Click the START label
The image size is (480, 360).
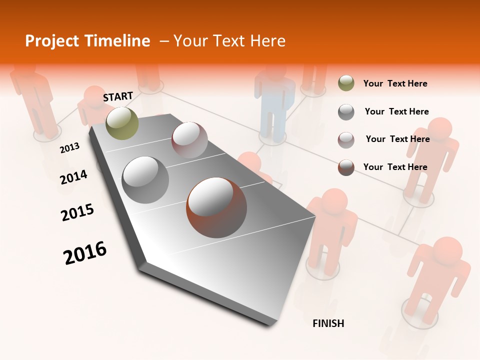(x=118, y=96)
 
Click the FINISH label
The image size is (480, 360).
(x=328, y=323)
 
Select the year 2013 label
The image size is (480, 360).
(x=69, y=147)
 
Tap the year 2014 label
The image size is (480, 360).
(x=73, y=177)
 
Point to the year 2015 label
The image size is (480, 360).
(x=77, y=212)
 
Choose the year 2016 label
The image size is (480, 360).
(x=85, y=253)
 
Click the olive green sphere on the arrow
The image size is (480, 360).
(x=122, y=123)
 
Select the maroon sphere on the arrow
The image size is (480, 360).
(x=189, y=140)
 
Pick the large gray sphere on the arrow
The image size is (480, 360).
(x=145, y=180)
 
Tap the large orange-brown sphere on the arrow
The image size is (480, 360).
(x=216, y=207)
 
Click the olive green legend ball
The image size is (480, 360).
(x=346, y=83)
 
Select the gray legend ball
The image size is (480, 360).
(x=346, y=112)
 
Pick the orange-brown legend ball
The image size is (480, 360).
(x=346, y=167)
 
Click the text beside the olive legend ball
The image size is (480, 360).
(x=395, y=83)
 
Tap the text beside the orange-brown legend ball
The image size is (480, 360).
(x=395, y=167)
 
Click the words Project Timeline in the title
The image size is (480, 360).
(x=87, y=41)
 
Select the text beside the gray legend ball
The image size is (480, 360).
(x=396, y=111)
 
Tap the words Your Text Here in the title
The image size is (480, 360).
(x=229, y=41)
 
